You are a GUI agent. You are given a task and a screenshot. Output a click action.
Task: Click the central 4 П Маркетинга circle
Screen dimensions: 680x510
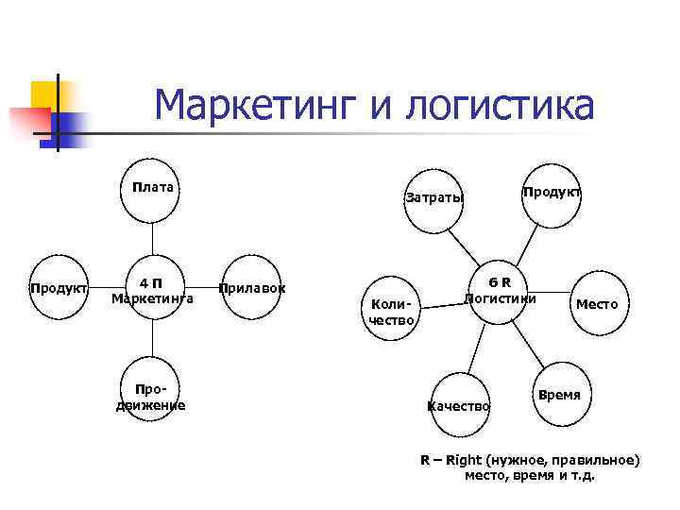[152, 290]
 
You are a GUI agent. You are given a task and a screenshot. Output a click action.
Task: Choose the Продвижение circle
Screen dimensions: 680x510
[150, 397]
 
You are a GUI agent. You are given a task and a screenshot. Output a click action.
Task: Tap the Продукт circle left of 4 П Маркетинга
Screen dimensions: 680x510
[59, 288]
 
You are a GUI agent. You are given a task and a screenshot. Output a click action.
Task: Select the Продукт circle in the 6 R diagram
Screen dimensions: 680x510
[551, 195]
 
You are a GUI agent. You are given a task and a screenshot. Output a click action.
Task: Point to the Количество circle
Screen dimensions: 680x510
[389, 310]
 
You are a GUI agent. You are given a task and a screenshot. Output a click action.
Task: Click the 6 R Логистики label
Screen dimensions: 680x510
[500, 290]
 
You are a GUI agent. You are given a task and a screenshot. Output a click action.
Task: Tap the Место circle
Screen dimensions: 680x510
[597, 305]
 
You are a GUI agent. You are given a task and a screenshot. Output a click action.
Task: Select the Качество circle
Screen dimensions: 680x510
[458, 405]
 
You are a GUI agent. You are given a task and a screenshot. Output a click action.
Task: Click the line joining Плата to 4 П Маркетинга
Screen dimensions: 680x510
[152, 240]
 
